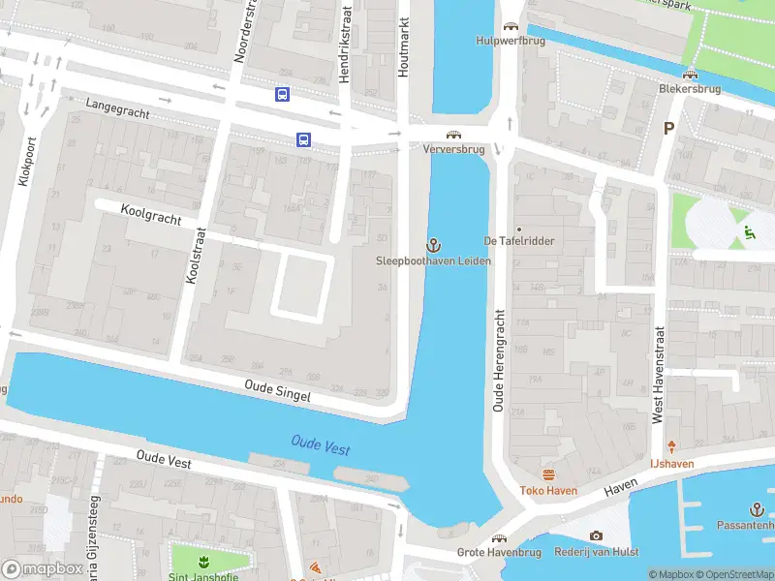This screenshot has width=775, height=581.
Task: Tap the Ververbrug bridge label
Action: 453,150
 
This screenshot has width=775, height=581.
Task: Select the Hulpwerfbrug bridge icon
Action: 510,27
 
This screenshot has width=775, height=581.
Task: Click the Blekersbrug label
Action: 690,87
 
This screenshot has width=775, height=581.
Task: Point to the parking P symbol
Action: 668,128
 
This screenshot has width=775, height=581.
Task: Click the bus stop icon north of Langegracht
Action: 282,94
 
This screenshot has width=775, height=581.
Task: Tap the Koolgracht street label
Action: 151,215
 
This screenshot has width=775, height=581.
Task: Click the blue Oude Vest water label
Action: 321,446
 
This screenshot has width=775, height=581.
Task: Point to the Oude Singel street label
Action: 278,391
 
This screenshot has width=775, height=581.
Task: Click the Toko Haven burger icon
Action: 548,474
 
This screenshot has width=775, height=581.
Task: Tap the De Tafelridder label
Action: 519,241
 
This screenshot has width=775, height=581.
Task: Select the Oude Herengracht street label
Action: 499,361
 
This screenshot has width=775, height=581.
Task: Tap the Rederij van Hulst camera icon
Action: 596,535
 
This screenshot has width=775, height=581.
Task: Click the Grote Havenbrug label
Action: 499,553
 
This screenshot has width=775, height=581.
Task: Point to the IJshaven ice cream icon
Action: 672,447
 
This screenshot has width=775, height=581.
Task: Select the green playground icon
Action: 750,231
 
